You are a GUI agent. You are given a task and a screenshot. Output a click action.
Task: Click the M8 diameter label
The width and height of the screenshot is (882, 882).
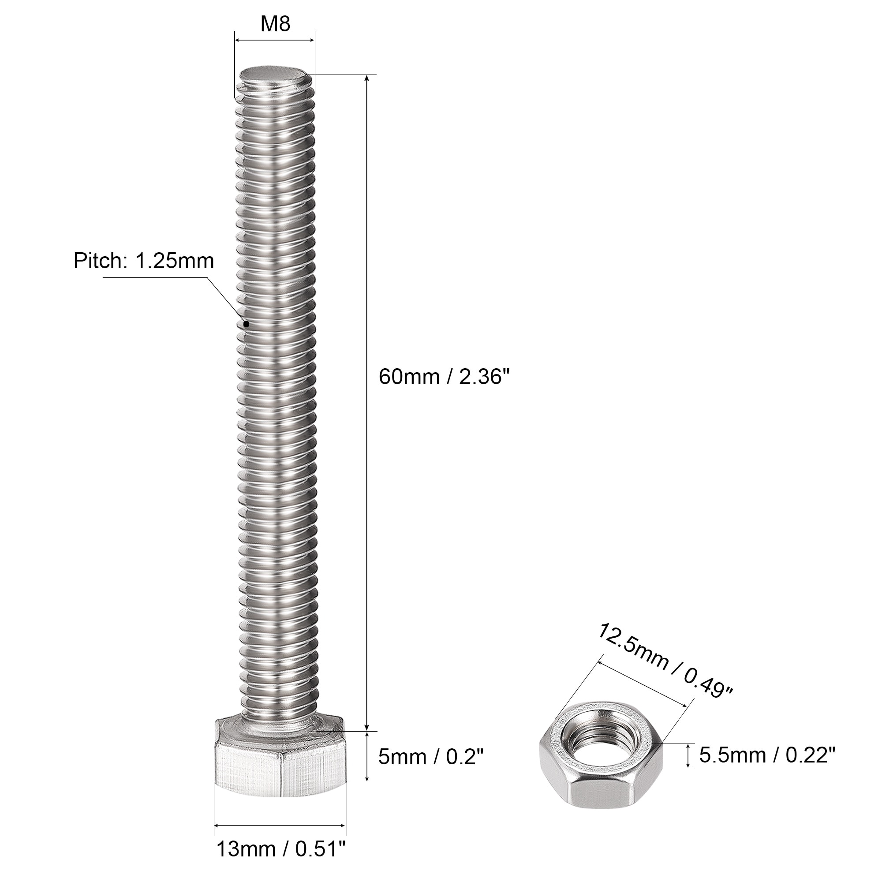point(275,24)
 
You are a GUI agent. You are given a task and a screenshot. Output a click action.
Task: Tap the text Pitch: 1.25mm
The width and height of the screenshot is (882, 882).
point(144,261)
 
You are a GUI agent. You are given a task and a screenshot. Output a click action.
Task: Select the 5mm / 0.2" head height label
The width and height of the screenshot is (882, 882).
point(430,757)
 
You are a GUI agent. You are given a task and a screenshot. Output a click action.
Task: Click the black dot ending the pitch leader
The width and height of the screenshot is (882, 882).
point(246,324)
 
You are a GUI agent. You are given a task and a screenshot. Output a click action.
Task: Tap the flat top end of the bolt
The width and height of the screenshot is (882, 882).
point(273,74)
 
